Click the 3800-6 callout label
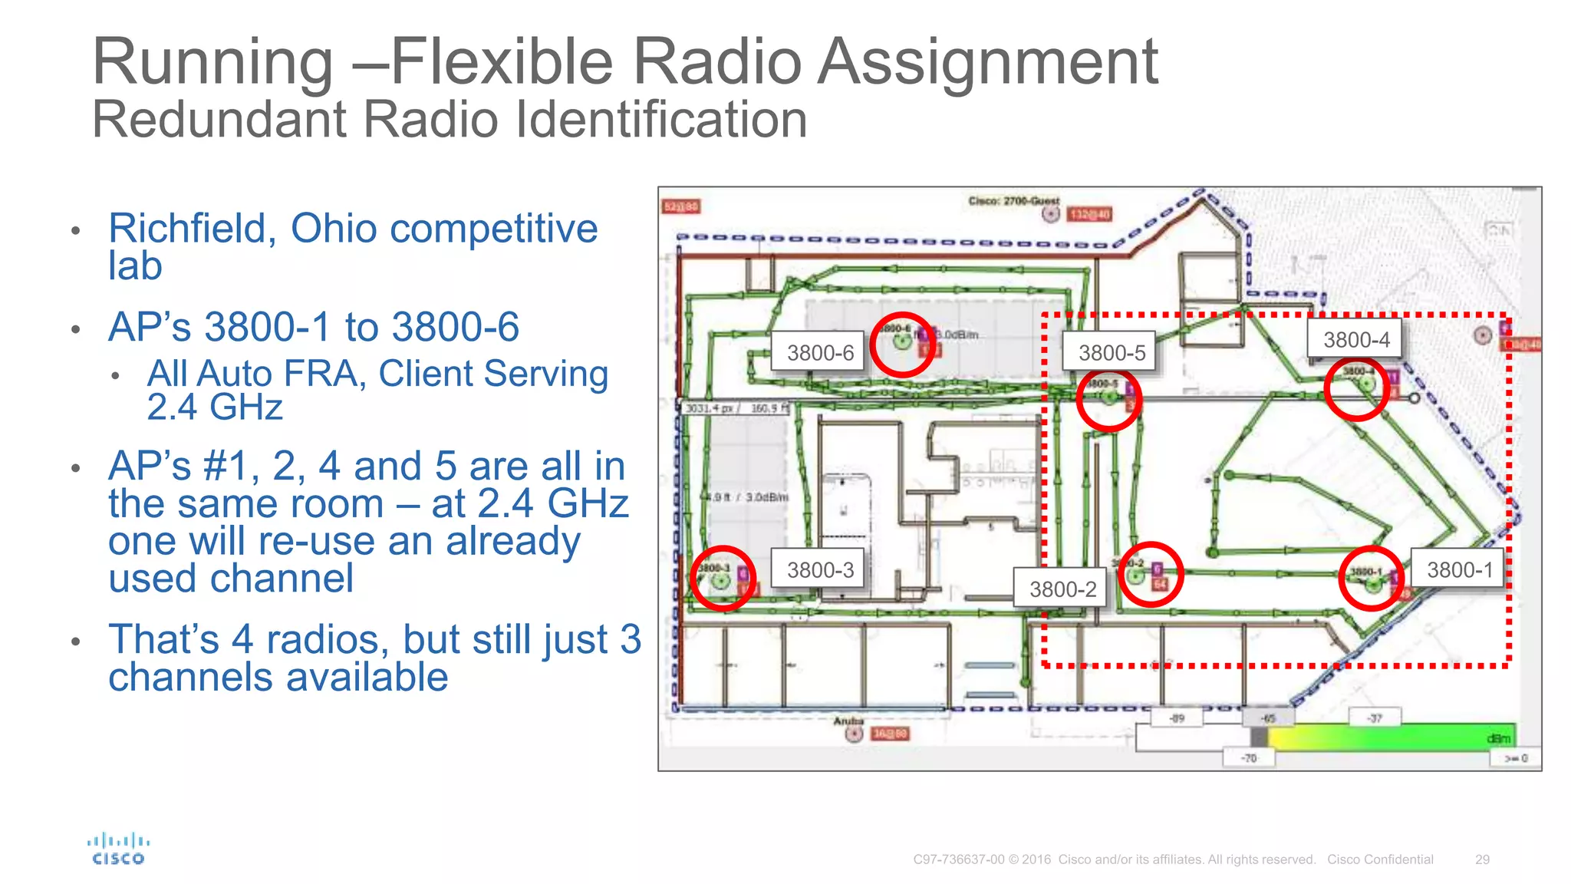point(819,353)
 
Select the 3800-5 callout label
point(1112,353)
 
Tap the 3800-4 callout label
point(1355,340)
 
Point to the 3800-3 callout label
point(819,570)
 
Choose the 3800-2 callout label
point(1062,589)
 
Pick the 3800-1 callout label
point(1459,570)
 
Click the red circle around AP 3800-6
point(903,345)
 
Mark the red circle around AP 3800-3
point(723,578)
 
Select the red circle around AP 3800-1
point(1371,578)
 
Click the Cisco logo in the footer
point(118,849)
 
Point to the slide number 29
point(1482,859)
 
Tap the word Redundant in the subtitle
point(220,120)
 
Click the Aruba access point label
point(848,721)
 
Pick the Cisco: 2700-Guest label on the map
point(1013,201)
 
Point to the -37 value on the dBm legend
point(1375,718)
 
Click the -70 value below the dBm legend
point(1250,758)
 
